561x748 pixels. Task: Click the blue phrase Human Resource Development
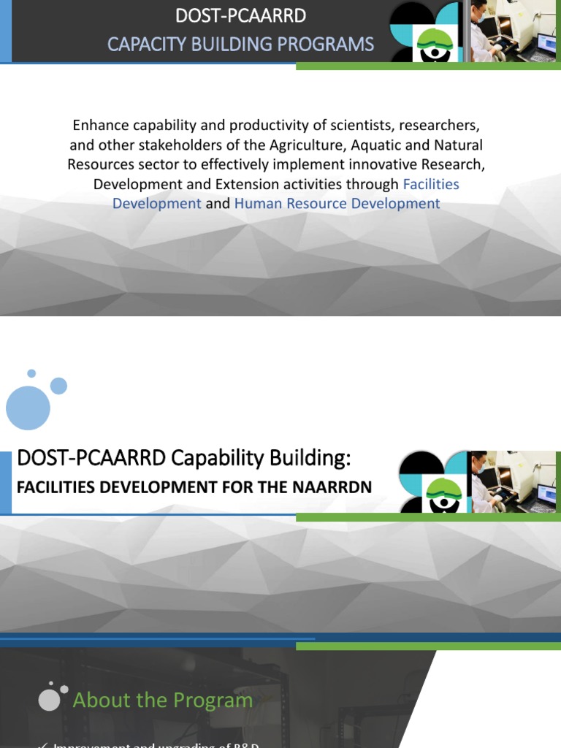[x=337, y=204]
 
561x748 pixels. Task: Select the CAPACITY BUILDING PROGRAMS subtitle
[x=240, y=45]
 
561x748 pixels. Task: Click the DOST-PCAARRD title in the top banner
[x=240, y=15]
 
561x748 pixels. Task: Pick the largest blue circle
[x=28, y=407]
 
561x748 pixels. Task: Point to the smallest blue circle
[x=31, y=373]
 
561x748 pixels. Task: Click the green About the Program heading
[x=162, y=701]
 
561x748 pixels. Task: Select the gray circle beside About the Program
[x=49, y=699]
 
